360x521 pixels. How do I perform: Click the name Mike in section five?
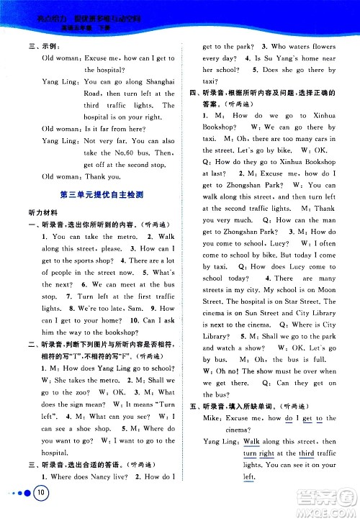pos(211,418)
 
